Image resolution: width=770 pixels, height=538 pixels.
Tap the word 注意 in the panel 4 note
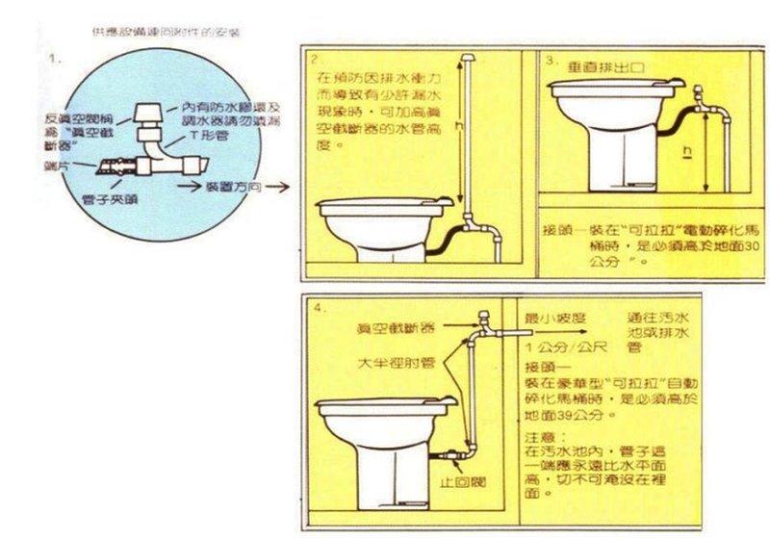(x=540, y=435)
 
